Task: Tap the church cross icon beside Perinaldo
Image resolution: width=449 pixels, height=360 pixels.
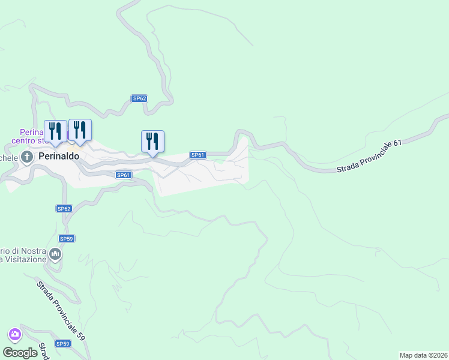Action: coord(27,157)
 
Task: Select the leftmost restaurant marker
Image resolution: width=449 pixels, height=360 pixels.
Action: coord(56,131)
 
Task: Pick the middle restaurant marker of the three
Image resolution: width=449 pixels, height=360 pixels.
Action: coord(80,130)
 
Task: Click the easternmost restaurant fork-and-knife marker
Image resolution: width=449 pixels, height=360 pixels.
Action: coord(152,142)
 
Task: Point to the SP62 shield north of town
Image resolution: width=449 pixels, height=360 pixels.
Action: coord(139,98)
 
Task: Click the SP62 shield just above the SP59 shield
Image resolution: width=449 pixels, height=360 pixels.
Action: coord(64,209)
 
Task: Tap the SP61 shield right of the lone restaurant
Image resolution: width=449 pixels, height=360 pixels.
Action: coord(198,155)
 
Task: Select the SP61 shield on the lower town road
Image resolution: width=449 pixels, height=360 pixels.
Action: coord(123,175)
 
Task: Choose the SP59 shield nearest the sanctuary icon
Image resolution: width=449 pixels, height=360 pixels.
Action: coord(66,239)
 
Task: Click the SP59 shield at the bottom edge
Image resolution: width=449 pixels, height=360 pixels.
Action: coord(62,344)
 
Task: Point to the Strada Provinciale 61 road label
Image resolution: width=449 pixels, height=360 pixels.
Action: coord(369,157)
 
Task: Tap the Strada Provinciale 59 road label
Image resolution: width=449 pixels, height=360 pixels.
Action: coord(60,311)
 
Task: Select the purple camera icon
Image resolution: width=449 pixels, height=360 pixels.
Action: coord(15,334)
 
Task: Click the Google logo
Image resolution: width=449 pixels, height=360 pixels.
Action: coord(20,352)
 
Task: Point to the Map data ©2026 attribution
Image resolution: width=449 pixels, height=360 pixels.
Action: coord(423,355)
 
